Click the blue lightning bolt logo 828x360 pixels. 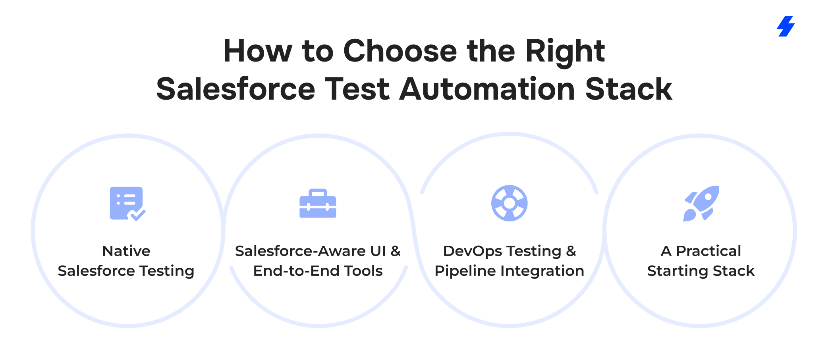click(786, 26)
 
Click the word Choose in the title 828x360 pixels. click(400, 51)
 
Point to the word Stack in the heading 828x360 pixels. click(629, 89)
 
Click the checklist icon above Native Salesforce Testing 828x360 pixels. click(127, 203)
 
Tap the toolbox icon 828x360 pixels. click(318, 203)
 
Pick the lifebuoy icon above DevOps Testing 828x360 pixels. click(510, 203)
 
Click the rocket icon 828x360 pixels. click(701, 203)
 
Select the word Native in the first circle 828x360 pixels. click(126, 251)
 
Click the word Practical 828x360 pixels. click(708, 251)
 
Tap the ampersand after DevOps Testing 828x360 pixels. click(571, 251)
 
